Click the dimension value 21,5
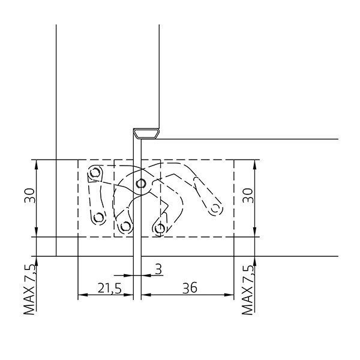coord(110,288)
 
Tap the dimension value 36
coord(190,288)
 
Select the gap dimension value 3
coord(158,269)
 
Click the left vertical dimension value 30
coord(29,196)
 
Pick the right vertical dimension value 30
coord(248,196)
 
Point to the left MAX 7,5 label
coord(29,290)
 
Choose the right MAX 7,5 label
coord(248,290)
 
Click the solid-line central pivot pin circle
coord(140,184)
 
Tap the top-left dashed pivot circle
coord(95,172)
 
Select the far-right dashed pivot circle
coord(215,209)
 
